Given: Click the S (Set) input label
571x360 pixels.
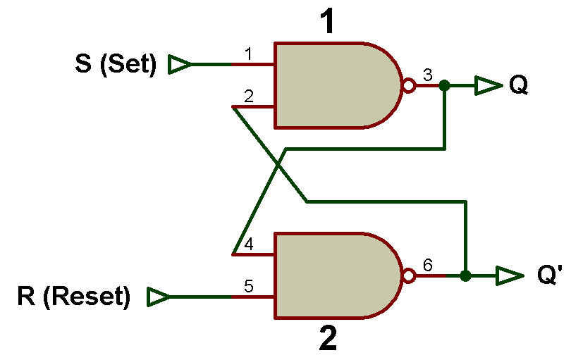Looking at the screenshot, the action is coord(116,64).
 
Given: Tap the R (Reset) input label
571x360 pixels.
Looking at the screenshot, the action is coord(73,297).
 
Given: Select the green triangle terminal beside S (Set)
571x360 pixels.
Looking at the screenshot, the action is coord(179,64).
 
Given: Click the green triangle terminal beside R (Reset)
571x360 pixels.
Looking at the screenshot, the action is coord(158,297).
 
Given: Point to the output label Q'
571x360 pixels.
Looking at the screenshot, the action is coord(550,275).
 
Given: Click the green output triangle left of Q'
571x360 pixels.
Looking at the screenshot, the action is coord(510,276).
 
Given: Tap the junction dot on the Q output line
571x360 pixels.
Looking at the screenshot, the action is coord(444,85).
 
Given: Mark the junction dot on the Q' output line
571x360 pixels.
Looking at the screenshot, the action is coord(465,276).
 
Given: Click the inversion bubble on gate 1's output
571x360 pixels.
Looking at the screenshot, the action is coord(409,85).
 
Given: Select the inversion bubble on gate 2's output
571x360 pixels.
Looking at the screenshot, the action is coord(409,276).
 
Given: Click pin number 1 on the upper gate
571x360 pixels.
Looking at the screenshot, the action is coord(248,54).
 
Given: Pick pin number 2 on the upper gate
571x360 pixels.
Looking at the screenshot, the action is coord(249,97).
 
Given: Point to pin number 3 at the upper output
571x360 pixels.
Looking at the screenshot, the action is coord(427,75).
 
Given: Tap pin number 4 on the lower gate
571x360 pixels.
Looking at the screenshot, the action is coord(249,244).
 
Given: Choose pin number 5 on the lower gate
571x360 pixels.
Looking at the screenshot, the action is coord(249,287).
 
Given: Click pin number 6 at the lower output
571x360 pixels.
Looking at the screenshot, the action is coord(427,265).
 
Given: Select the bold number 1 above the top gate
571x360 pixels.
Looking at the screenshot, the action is coord(328,21).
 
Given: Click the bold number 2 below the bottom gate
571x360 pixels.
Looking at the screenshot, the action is coord(328,337).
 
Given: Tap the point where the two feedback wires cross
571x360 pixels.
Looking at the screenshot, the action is coord(278,166).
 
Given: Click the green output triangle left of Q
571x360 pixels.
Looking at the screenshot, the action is coord(489,85).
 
